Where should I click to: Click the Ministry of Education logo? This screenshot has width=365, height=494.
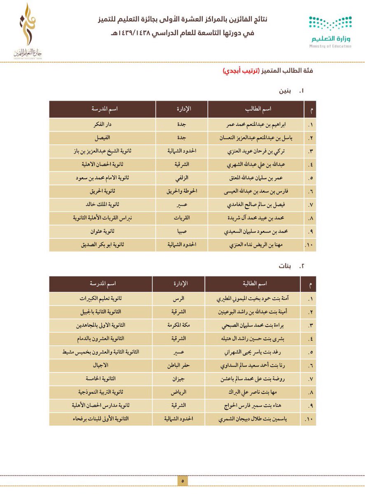(330, 32)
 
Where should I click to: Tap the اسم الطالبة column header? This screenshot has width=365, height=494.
(253, 284)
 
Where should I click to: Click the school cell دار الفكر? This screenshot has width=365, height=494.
(102, 125)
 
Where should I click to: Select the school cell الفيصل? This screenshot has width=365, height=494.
(102, 138)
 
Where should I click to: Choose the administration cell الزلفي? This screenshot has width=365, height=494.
(182, 178)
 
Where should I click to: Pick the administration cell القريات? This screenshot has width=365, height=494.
(182, 218)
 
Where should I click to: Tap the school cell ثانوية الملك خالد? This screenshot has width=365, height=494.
(102, 205)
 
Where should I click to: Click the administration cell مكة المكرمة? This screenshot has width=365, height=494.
(178, 325)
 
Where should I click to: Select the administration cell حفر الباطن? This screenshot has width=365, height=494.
(178, 365)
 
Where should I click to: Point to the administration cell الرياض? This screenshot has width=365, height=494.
(178, 392)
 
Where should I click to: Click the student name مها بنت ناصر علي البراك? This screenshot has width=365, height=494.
(253, 392)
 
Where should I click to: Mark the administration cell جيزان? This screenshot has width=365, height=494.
(178, 379)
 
